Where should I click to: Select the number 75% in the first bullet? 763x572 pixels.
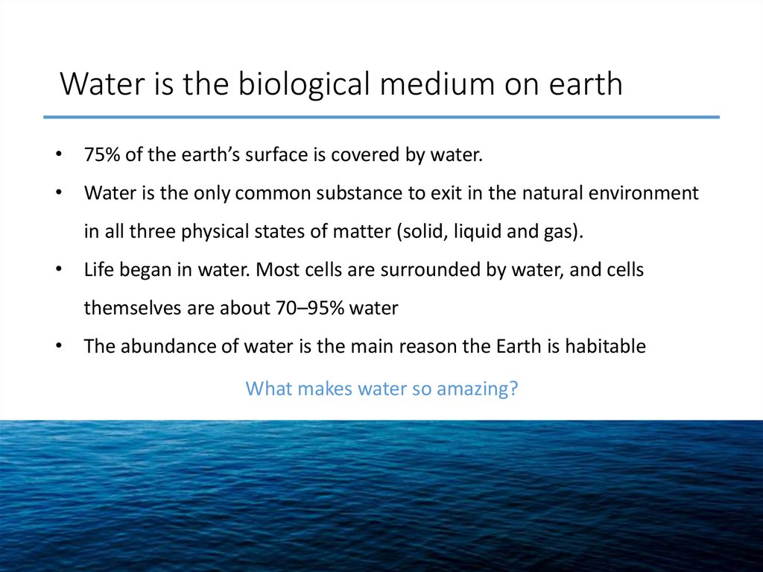pyautogui.click(x=101, y=156)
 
